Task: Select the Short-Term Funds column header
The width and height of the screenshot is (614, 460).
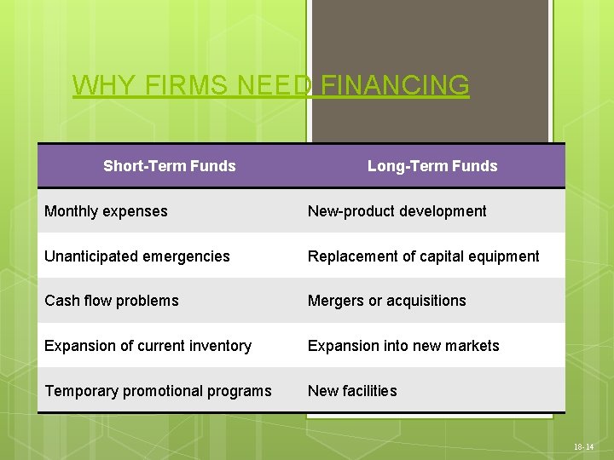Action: coord(169,166)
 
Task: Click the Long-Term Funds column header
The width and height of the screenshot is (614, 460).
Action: coord(432,166)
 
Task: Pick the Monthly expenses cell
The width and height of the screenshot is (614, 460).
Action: coord(106,211)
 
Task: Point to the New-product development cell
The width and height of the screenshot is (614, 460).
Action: coord(397,211)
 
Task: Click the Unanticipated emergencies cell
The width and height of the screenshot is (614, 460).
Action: coord(137,256)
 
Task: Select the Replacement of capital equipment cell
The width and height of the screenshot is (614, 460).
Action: coord(424,256)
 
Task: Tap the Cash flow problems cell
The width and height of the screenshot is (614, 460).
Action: coord(112,301)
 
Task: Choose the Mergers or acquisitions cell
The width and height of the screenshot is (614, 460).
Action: coord(387,301)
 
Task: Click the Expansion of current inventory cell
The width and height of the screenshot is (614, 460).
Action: coord(148,346)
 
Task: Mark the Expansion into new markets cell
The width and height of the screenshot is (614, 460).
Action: coord(403,346)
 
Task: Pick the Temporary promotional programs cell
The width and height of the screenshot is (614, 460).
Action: coord(158,391)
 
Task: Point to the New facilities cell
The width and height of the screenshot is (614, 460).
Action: coord(352,391)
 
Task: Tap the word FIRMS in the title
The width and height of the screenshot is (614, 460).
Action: coord(181,85)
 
